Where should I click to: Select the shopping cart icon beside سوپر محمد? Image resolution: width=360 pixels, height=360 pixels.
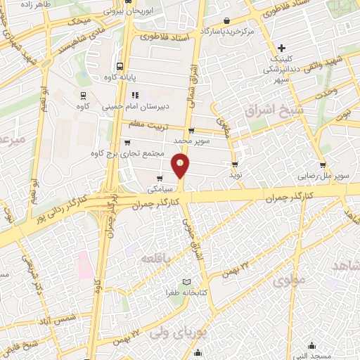tap(192, 131)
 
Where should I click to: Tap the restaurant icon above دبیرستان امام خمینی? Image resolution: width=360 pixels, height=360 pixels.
tap(135, 94)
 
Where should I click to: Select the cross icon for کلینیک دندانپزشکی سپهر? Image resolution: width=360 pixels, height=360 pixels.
tap(281, 49)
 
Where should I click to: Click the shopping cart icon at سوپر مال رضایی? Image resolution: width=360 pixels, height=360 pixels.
tap(322, 166)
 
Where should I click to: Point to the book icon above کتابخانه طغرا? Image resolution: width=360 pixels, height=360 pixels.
tap(186, 282)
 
